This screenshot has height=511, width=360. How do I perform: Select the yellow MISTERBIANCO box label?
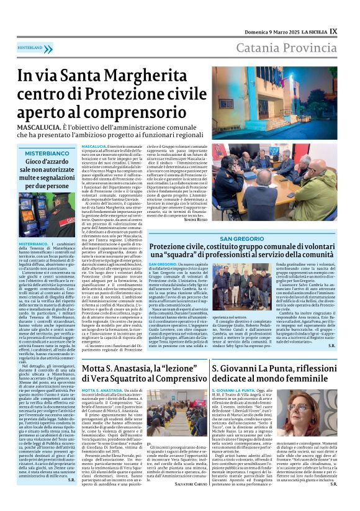(47, 153)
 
